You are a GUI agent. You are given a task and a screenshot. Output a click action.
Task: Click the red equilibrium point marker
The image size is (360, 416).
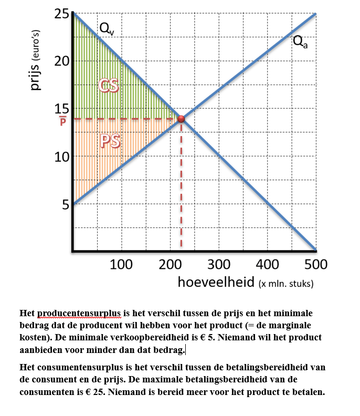tap(181, 119)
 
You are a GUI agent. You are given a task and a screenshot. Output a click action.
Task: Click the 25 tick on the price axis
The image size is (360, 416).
tap(61, 14)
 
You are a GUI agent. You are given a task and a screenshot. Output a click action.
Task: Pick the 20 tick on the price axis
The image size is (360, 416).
tap(61, 61)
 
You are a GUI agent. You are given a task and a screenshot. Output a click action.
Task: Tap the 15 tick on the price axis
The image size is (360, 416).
tap(61, 109)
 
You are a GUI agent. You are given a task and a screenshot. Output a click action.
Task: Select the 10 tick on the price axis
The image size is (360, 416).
tap(61, 157)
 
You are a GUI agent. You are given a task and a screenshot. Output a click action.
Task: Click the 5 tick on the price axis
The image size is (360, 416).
tap(65, 204)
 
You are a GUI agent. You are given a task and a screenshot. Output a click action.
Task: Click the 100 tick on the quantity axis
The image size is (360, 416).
tap(121, 264)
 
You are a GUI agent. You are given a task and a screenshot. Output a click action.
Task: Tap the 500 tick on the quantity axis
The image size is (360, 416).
tap(315, 264)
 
